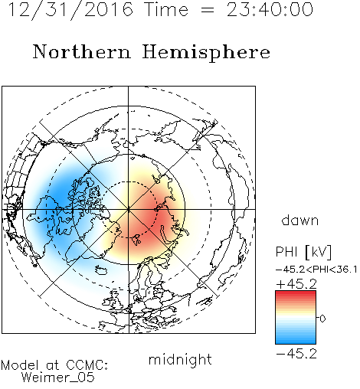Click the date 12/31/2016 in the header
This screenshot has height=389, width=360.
tap(70, 10)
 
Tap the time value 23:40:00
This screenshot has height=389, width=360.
tap(270, 10)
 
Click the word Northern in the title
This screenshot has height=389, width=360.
tap(82, 51)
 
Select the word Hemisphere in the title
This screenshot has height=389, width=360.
tap(206, 53)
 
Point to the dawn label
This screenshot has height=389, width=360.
tap(300, 221)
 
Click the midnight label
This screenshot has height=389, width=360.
tap(180, 359)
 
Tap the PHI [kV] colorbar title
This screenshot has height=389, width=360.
tap(303, 252)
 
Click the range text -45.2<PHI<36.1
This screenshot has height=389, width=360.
tap(316, 270)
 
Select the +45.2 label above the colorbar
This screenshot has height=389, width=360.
tap(296, 284)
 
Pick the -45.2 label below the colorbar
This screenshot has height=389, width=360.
tap(296, 354)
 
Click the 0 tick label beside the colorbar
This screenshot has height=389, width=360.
tap(322, 319)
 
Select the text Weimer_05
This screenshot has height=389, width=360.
tap(58, 378)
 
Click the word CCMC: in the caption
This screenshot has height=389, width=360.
tap(87, 365)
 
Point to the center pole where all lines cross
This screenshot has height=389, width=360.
tap(129, 209)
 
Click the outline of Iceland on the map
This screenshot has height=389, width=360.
tap(101, 270)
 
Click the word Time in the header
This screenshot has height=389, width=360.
tap(166, 9)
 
